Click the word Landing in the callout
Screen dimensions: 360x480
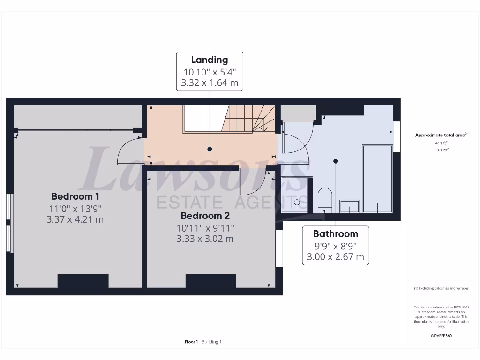point(210,60)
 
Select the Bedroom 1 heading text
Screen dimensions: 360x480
point(75,196)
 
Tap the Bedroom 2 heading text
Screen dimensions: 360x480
point(205,216)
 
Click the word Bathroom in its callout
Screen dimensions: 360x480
point(335,234)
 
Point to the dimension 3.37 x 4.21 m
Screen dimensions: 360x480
point(75,219)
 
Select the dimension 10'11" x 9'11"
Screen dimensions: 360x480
point(205,228)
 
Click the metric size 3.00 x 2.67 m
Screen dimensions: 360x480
point(335,257)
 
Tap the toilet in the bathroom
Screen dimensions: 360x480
point(324,199)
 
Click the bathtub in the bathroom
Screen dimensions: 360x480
point(377,178)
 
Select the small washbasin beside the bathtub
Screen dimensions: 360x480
point(350,206)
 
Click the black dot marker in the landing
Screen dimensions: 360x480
point(210,149)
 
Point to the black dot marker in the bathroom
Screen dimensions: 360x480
point(336,161)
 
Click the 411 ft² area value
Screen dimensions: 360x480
point(441,142)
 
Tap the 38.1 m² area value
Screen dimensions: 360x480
point(441,150)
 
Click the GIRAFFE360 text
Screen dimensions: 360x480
point(441,336)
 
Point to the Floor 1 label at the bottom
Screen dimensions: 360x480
point(191,342)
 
